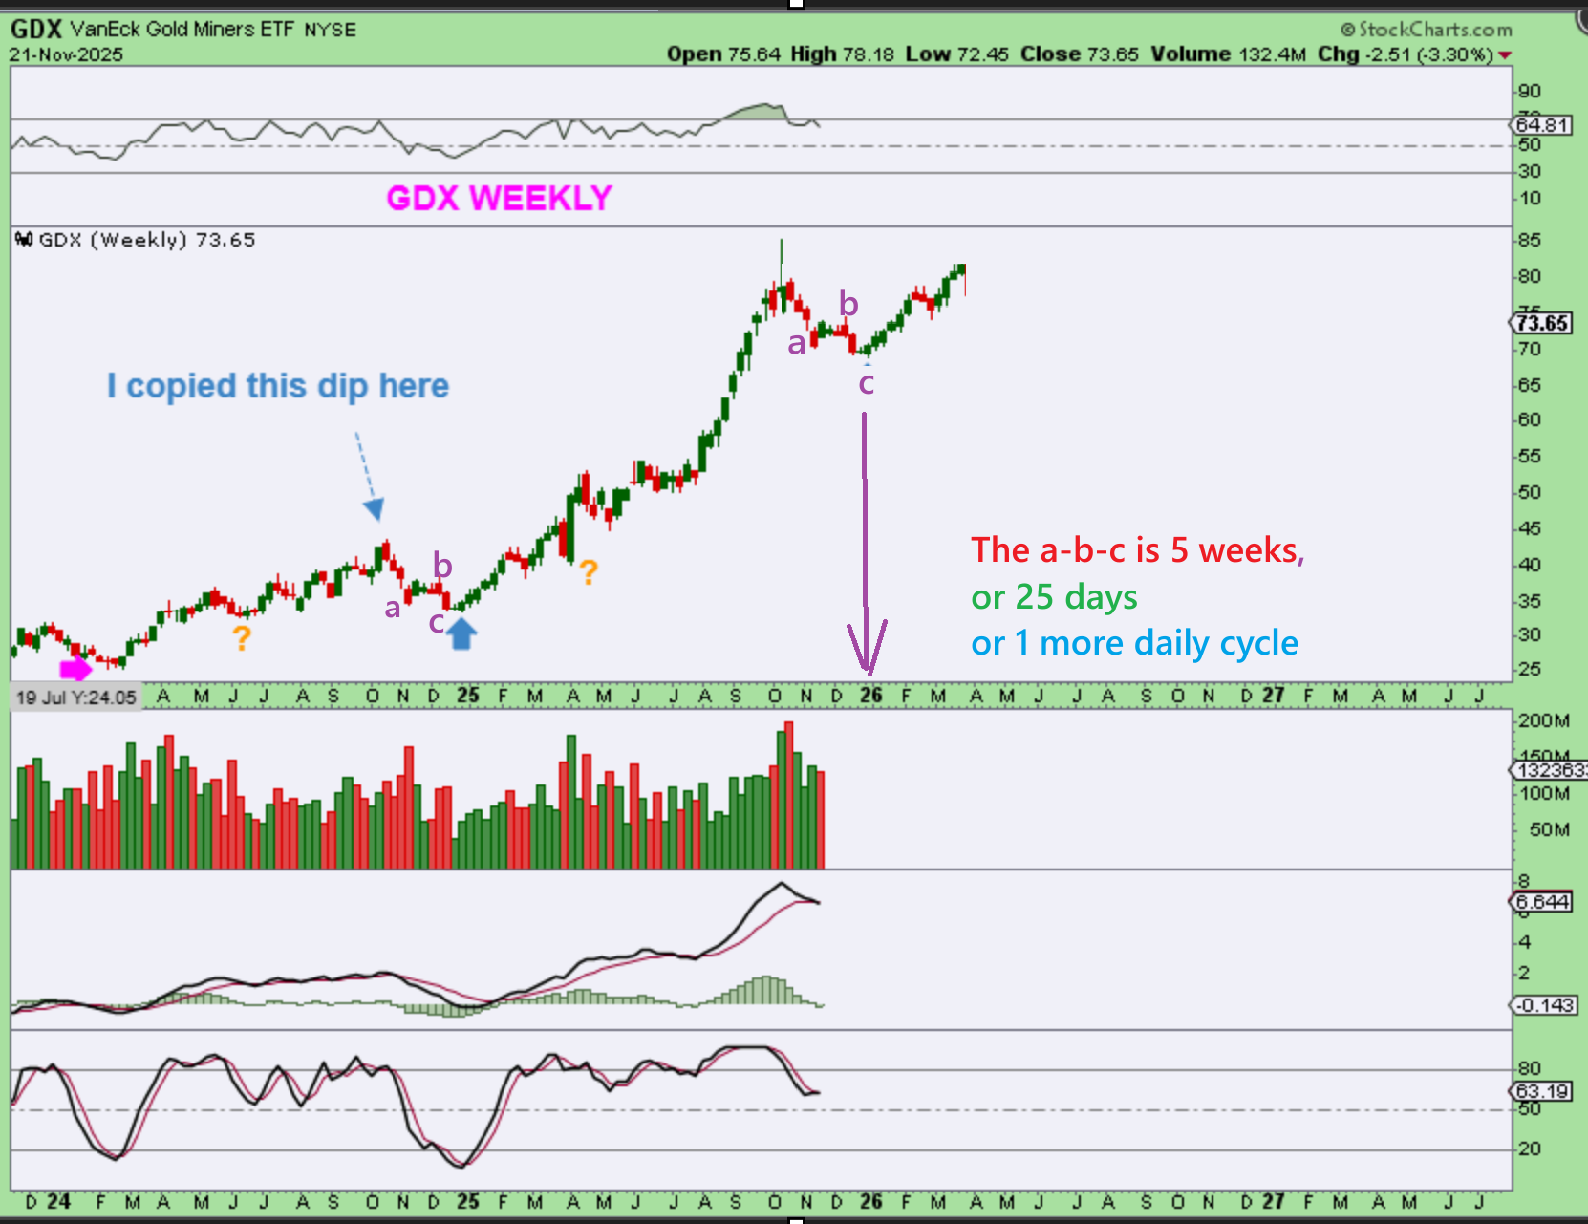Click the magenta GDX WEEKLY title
[499, 198]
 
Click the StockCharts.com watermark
[1427, 30]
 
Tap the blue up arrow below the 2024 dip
[461, 633]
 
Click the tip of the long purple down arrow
[867, 671]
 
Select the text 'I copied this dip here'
[277, 386]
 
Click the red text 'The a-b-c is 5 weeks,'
[1137, 550]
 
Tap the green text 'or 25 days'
[1054, 597]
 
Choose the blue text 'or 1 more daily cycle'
[1134, 643]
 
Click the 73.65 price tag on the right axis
[1542, 323]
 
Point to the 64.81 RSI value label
[1542, 125]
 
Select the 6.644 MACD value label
[1542, 902]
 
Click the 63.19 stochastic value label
[1542, 1091]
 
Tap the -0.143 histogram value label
[1542, 1005]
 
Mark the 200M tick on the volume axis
[1543, 720]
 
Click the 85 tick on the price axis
[1530, 240]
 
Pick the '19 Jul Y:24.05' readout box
[76, 698]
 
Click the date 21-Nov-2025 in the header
[66, 54]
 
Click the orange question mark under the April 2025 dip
[589, 572]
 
